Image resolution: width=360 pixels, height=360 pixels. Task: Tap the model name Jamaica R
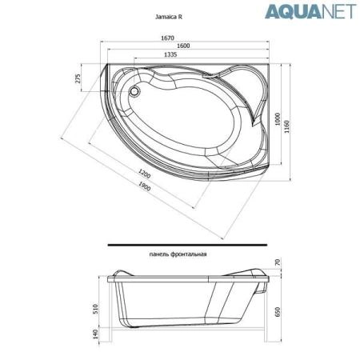tap(167, 15)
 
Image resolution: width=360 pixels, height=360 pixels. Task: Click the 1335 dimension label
tap(170, 54)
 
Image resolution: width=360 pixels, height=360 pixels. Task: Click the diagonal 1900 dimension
tap(145, 186)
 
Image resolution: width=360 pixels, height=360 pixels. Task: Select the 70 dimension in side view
tap(278, 262)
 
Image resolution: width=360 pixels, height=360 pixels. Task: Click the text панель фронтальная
tap(178, 254)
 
